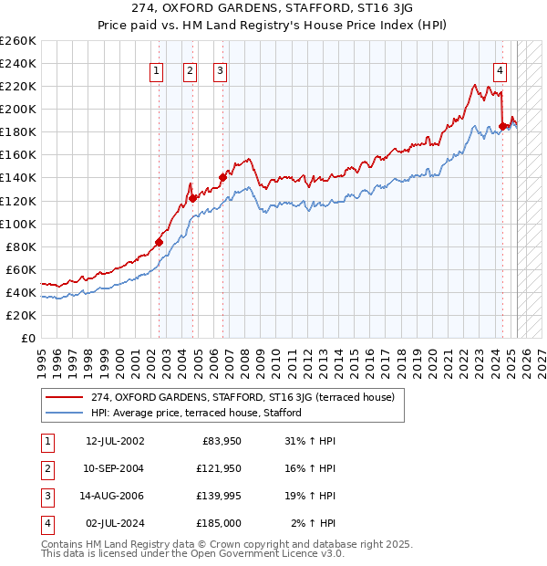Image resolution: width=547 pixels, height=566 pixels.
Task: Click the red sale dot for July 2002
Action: pyautogui.click(x=159, y=242)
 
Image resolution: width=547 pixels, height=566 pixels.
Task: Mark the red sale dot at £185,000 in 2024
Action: pyautogui.click(x=502, y=126)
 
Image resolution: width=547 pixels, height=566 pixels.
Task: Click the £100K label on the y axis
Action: pyautogui.click(x=18, y=224)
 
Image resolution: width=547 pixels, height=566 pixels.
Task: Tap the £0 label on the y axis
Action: pyautogui.click(x=27, y=339)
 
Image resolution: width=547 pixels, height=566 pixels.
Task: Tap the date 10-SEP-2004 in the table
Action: pyautogui.click(x=115, y=468)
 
